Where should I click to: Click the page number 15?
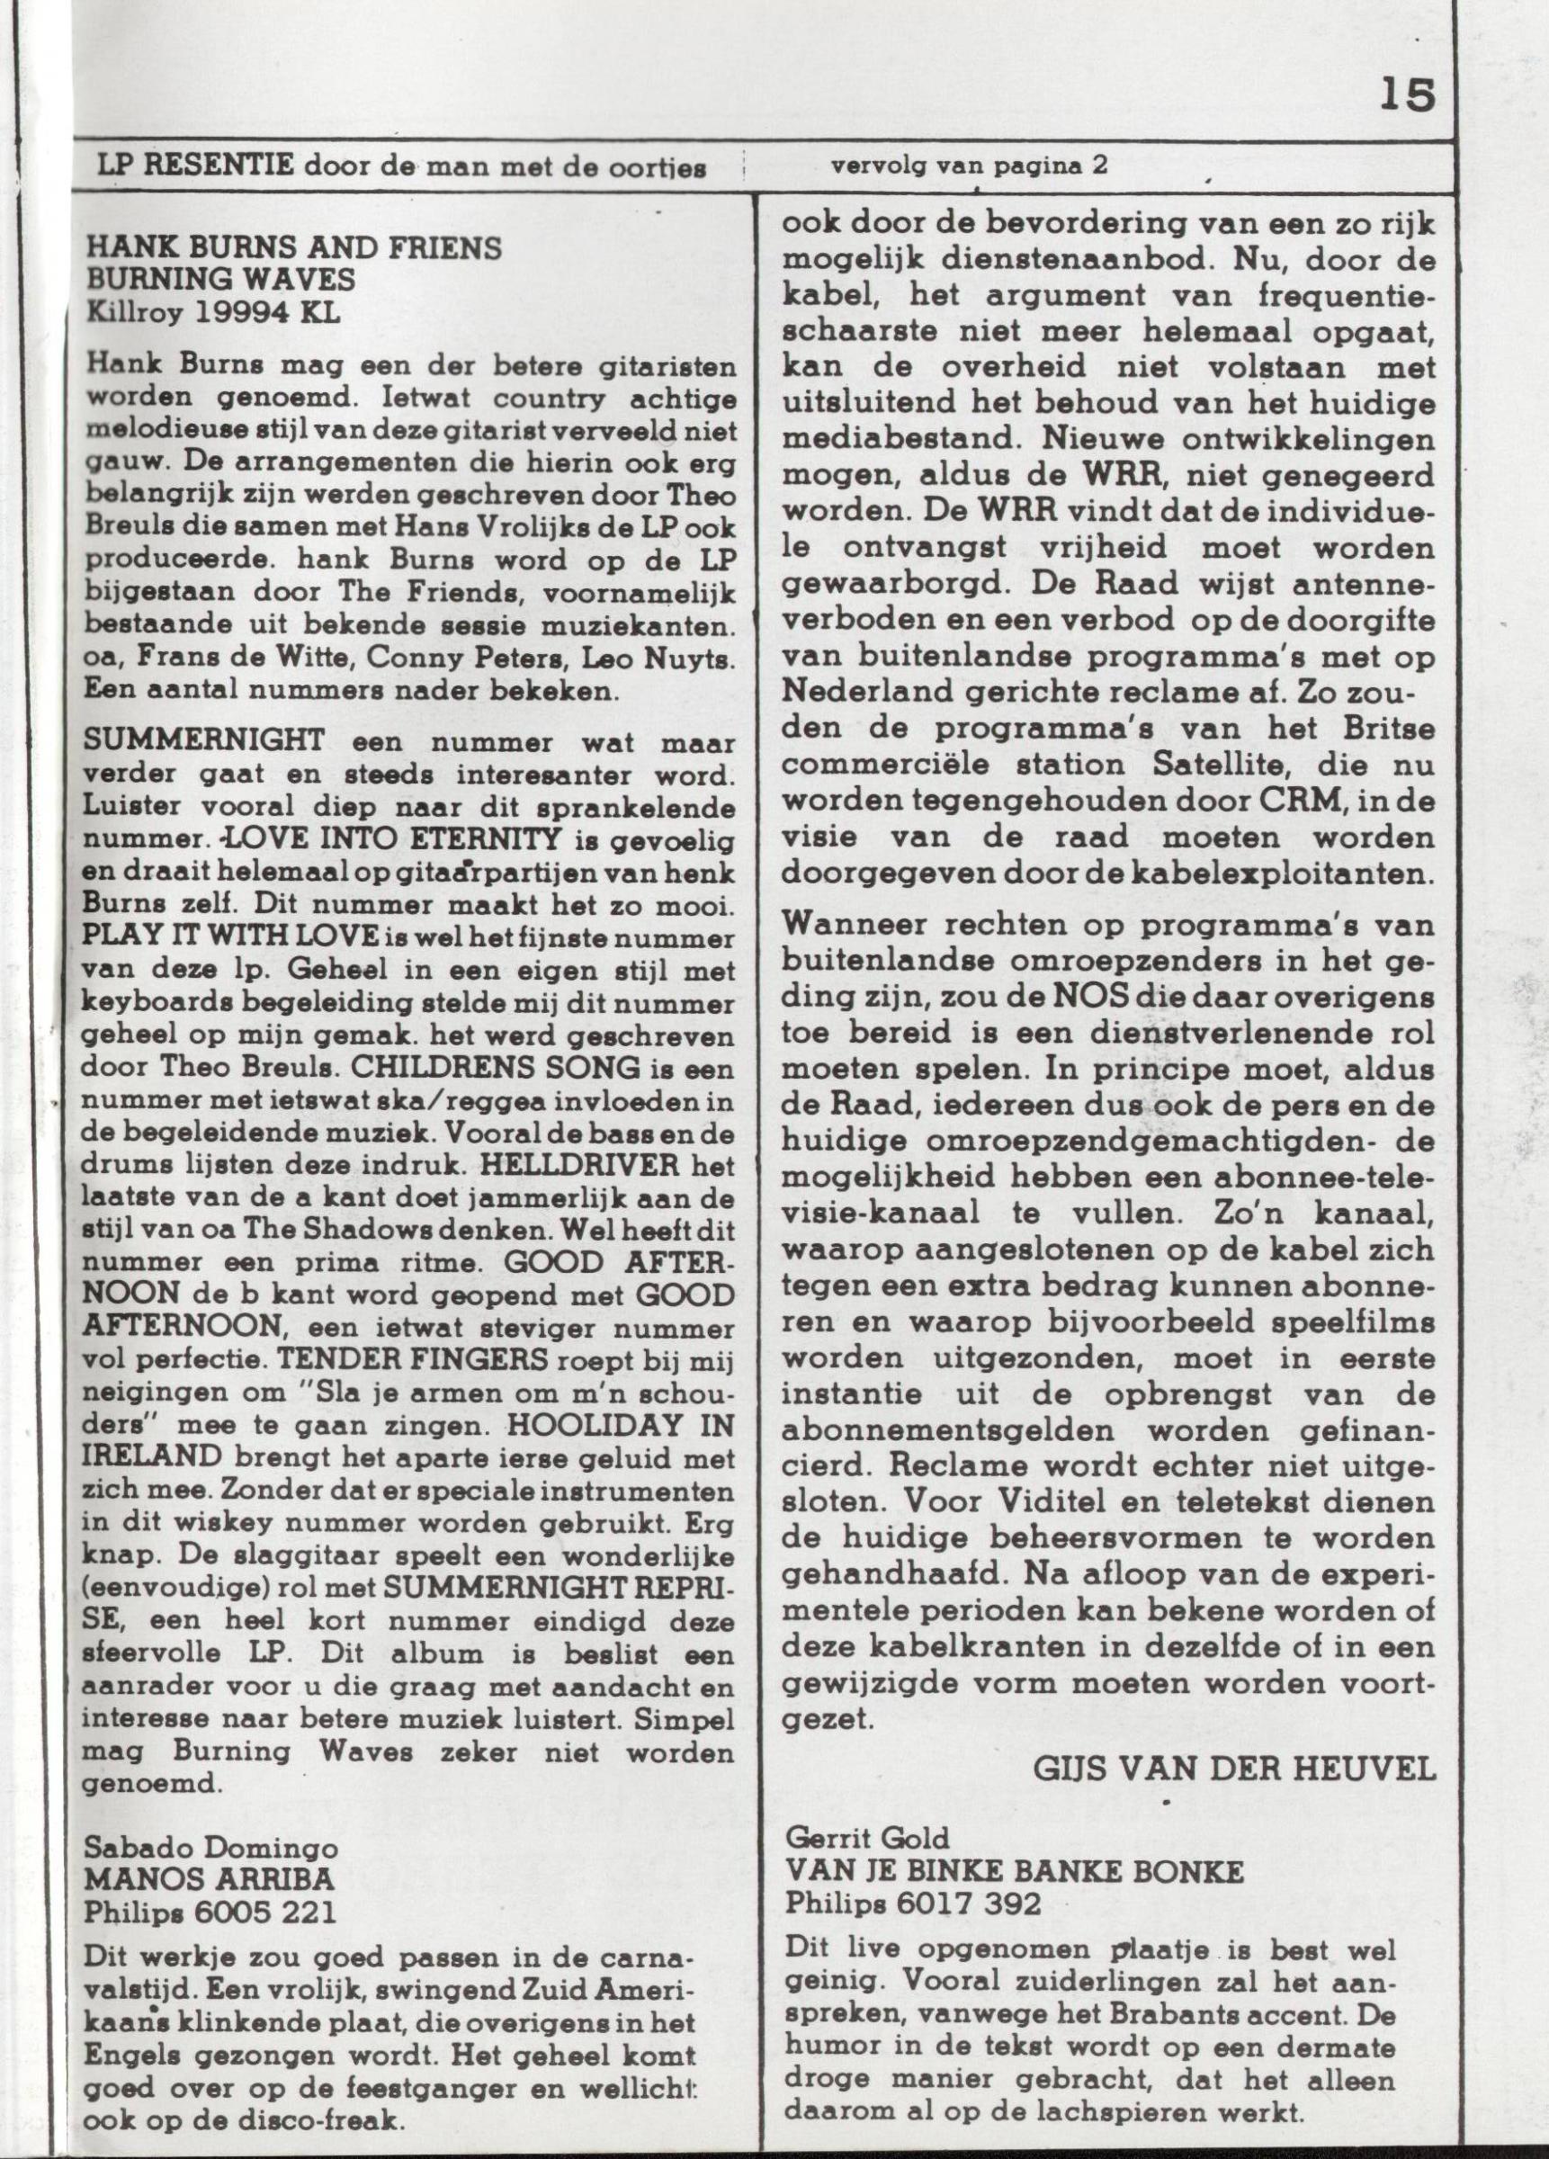1405,96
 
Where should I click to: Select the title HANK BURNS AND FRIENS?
293,249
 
